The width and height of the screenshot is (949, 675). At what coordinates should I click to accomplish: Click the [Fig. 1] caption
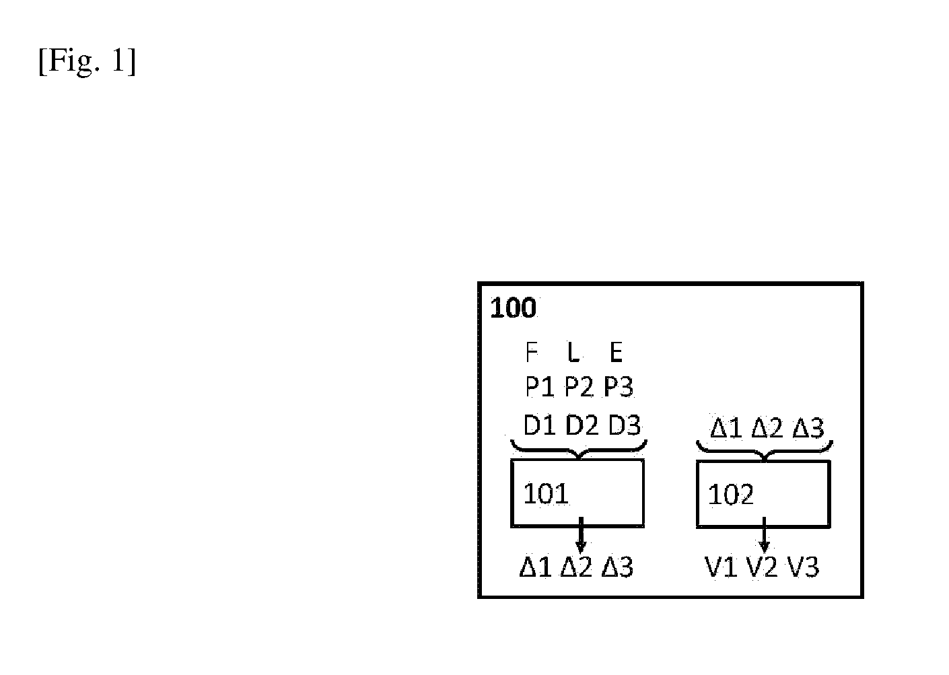pyautogui.click(x=87, y=61)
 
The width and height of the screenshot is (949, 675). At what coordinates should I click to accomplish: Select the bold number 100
pyautogui.click(x=513, y=308)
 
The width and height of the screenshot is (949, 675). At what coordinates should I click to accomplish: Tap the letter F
pyautogui.click(x=531, y=352)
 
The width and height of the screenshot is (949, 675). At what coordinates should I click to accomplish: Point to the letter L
pyautogui.click(x=573, y=352)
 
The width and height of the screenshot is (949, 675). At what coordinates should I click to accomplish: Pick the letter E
pyautogui.click(x=616, y=352)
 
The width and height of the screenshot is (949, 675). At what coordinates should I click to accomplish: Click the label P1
pyautogui.click(x=539, y=386)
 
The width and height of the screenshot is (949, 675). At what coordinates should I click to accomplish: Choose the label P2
pyautogui.click(x=579, y=386)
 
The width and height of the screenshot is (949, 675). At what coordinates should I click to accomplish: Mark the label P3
pyautogui.click(x=618, y=386)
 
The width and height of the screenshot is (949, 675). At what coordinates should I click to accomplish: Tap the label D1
pyautogui.click(x=540, y=425)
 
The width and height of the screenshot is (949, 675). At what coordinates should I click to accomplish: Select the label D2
pyautogui.click(x=582, y=425)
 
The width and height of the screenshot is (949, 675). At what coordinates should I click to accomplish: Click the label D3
pyautogui.click(x=625, y=425)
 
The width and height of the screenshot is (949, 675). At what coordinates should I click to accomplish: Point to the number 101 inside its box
pyautogui.click(x=546, y=494)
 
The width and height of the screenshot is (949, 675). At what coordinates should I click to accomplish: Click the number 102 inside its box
pyautogui.click(x=731, y=495)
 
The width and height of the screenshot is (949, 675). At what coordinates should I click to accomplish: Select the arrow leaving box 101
pyautogui.click(x=581, y=535)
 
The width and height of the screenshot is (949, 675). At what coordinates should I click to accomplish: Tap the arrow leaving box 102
pyautogui.click(x=764, y=535)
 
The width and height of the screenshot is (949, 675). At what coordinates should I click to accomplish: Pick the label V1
pyautogui.click(x=721, y=567)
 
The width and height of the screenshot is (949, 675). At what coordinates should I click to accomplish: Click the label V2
pyautogui.click(x=762, y=567)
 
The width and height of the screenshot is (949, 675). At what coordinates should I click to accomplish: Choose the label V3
pyautogui.click(x=803, y=567)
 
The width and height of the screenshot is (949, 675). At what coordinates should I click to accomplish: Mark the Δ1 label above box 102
pyautogui.click(x=726, y=428)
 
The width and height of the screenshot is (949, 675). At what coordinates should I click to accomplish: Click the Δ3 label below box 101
pyautogui.click(x=617, y=567)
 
